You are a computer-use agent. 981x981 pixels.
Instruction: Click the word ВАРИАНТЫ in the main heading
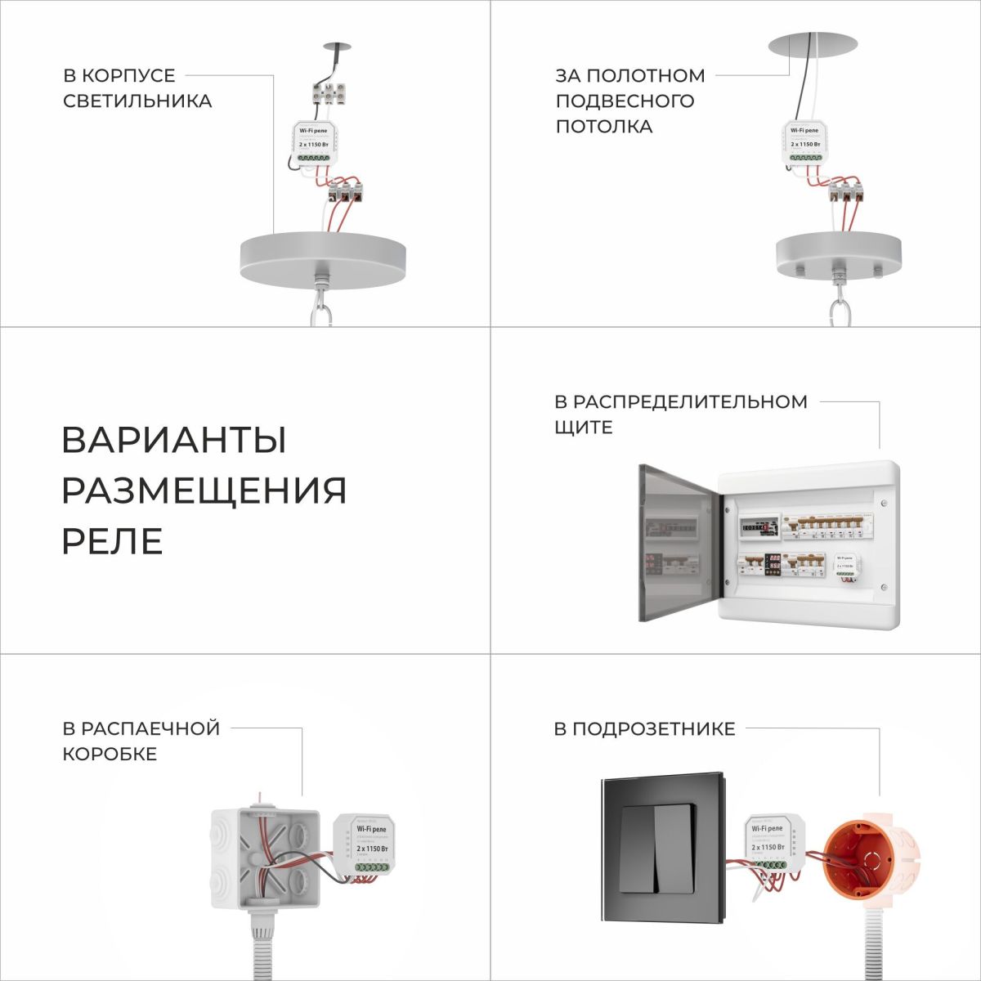(173, 440)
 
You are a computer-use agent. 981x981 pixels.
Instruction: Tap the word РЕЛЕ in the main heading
(112, 541)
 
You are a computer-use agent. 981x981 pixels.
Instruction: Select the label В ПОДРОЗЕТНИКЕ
(644, 728)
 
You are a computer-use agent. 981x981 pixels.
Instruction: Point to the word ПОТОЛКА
(603, 127)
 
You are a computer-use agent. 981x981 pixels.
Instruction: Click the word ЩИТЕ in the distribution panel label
(583, 427)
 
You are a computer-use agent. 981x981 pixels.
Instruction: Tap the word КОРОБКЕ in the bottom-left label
(110, 754)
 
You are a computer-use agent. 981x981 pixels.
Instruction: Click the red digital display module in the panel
(773, 563)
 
